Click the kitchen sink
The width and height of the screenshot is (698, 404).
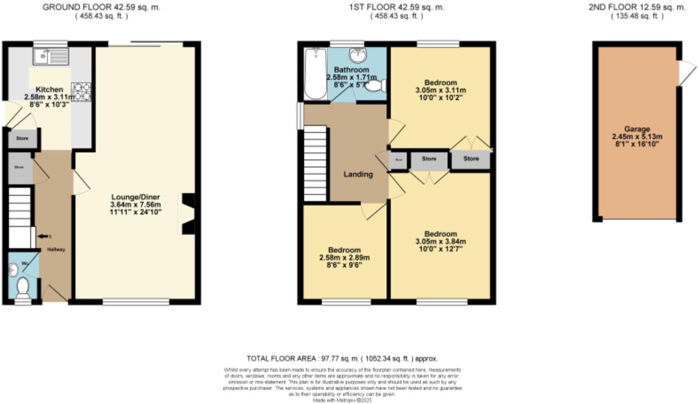50,56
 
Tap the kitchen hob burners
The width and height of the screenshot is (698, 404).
81,92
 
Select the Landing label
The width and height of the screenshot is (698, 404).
358,174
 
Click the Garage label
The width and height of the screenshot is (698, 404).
637,129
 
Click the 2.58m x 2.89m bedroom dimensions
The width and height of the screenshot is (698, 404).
344,257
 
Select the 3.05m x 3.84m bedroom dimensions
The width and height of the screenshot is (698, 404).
440,241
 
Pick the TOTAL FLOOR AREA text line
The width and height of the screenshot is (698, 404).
342,358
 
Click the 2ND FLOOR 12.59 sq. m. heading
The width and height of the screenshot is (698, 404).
636,7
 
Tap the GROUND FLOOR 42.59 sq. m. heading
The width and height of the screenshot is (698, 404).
101,7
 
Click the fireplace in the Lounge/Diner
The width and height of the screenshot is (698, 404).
186,214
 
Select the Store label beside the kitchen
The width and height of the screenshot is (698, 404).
22,138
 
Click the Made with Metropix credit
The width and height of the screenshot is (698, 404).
342,400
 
